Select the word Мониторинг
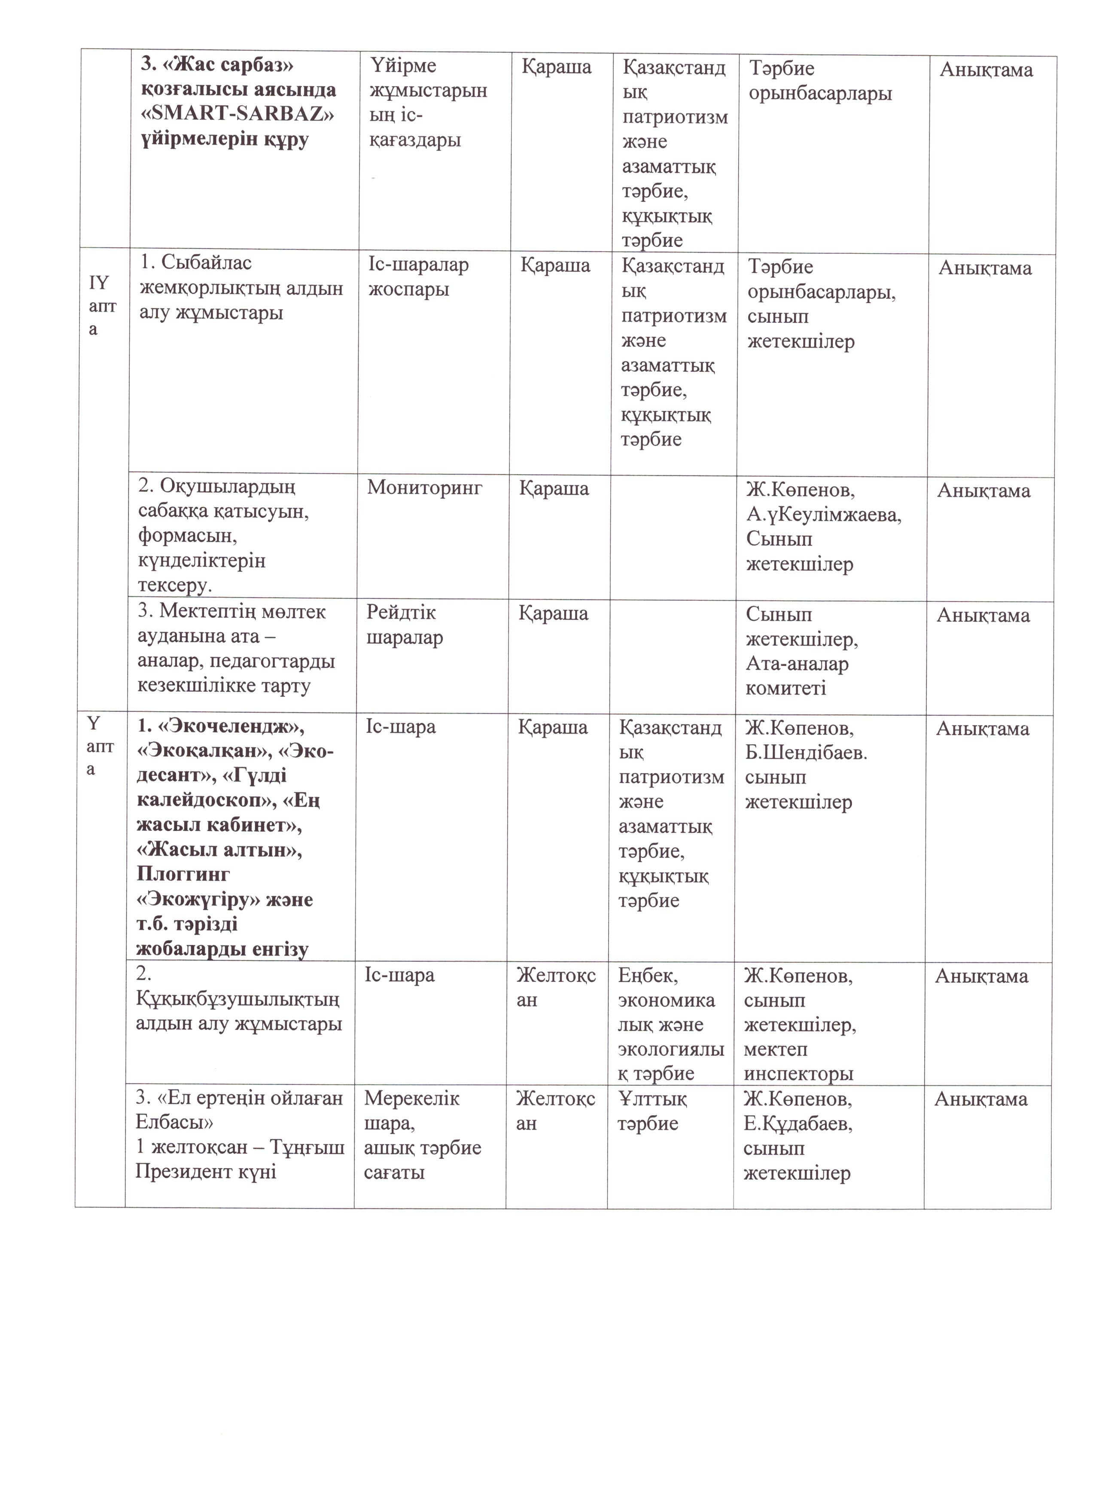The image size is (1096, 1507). click(424, 488)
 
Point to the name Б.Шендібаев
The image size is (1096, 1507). click(806, 753)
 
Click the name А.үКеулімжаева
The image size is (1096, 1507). click(823, 514)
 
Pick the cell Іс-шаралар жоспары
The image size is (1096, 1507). click(418, 276)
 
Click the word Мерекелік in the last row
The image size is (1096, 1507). click(411, 1099)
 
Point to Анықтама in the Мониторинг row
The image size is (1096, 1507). click(983, 491)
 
